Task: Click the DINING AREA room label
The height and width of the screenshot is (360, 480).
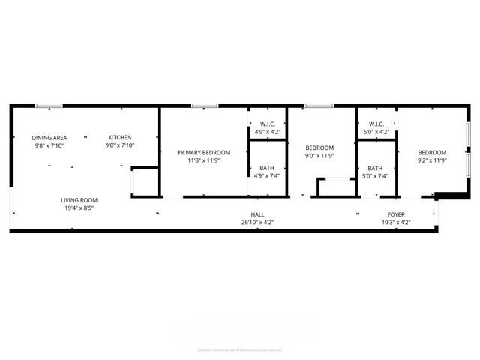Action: tap(49, 137)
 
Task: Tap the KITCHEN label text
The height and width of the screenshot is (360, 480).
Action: tap(120, 137)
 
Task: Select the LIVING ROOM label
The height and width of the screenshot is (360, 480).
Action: tap(79, 200)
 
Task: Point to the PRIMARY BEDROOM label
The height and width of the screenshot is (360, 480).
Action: tap(203, 152)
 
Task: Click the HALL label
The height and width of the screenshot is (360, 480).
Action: tap(257, 214)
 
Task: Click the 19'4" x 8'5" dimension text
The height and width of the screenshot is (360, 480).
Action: tap(79, 208)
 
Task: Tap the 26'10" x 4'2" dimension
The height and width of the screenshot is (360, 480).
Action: tap(257, 223)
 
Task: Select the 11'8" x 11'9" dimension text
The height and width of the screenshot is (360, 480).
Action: tap(203, 160)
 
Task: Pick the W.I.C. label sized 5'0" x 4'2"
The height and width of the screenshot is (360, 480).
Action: tap(376, 124)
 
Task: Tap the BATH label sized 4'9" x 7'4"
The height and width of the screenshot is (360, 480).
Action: tap(267, 168)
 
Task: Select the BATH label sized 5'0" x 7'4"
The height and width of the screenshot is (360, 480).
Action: tap(375, 168)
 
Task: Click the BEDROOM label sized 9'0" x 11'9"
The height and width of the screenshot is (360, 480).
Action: tap(319, 148)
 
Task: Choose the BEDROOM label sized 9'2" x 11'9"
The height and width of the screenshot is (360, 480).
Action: tap(432, 152)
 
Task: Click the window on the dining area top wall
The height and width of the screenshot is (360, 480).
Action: tap(49, 106)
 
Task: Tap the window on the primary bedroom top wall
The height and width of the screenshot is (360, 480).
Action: tap(199, 106)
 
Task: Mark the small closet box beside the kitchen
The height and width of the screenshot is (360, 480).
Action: tap(144, 183)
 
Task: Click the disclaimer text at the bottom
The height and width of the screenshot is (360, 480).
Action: tap(239, 349)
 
